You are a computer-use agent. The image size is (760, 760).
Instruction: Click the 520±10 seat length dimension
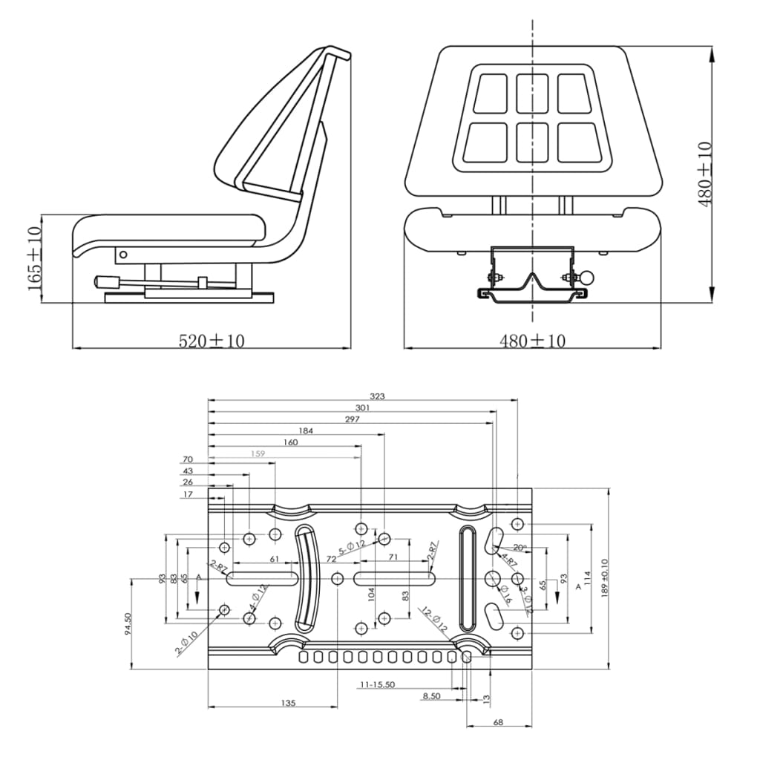point(212,341)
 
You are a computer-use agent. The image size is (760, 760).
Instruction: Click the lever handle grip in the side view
point(103,282)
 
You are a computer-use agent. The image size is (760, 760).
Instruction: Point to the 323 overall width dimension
point(377,397)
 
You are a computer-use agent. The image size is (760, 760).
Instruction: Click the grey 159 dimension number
point(258,453)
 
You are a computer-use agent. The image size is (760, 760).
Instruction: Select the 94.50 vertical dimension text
point(128,623)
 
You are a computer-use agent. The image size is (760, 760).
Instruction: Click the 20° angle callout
point(520,548)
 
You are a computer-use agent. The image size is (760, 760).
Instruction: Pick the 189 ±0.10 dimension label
point(603,579)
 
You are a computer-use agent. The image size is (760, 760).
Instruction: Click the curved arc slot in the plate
point(304,577)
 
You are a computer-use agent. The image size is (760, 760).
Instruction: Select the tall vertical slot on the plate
point(468,576)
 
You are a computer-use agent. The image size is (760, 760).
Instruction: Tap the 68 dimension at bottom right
point(498,721)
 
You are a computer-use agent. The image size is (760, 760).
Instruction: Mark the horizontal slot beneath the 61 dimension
point(263,577)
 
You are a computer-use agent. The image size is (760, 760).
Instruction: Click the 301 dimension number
point(362,407)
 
